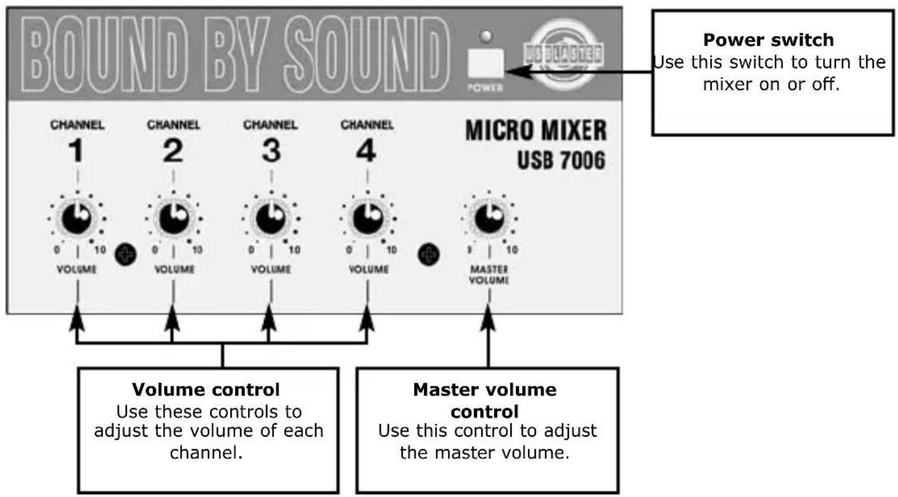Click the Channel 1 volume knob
coord(77,217)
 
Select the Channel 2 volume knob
coord(174,217)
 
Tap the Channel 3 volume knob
coord(271,217)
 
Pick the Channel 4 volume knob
coord(368,217)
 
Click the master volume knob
coord(489,217)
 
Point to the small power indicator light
coord(486,36)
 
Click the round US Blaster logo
coord(562,55)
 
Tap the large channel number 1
coord(76,151)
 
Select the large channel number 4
coord(366,151)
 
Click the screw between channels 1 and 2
coord(126,254)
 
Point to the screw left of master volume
coord(429,254)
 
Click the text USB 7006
coord(561,160)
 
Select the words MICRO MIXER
coord(535,130)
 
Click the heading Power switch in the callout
coord(768,40)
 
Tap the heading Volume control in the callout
coord(206,390)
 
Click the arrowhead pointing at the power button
coord(515,72)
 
